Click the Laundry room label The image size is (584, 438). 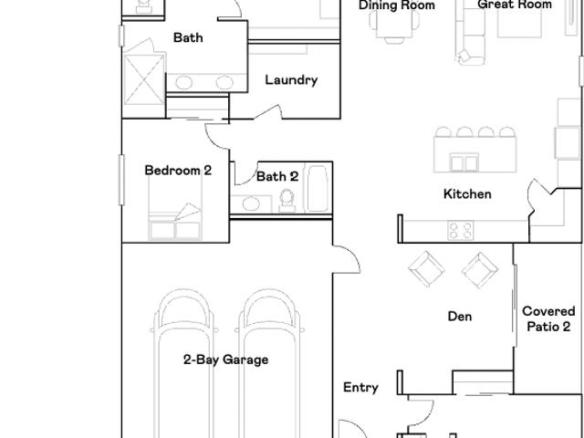point(291,80)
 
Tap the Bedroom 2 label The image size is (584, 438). point(178,171)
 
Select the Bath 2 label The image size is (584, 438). point(277,176)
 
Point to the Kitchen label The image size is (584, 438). point(467,194)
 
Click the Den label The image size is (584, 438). point(460,317)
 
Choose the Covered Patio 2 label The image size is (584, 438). point(548,318)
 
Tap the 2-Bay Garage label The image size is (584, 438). point(225,360)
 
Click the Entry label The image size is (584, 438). point(360,388)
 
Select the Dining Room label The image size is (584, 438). point(397,5)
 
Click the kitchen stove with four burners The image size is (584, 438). point(461,230)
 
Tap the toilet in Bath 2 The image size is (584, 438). point(287,201)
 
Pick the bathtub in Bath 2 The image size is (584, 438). point(317,189)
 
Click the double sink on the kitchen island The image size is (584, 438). point(464,162)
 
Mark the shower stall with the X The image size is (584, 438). point(144,79)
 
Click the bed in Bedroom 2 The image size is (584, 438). point(175,209)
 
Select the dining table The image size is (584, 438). point(394,24)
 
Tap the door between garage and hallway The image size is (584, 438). point(347,259)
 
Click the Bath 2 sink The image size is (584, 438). point(251,203)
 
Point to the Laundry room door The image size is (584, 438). point(267,112)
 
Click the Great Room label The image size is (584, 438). point(515,5)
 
